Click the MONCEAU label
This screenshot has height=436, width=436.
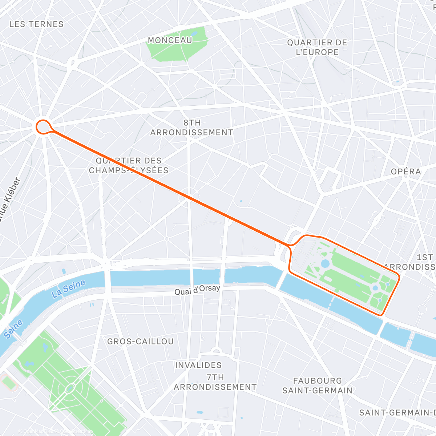170,40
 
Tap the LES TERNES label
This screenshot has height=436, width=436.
36,24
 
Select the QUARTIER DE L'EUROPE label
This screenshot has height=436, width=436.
317,47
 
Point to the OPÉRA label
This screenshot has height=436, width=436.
406,171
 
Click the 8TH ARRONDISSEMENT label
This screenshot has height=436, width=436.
192,128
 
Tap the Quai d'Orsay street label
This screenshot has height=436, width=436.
197,290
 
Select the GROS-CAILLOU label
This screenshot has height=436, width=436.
140,342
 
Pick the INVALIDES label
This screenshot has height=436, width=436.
198,365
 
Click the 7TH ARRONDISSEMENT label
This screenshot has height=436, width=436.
215,382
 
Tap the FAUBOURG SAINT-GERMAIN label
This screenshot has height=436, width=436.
317,385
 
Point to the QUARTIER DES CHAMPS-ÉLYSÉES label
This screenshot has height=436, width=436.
129,165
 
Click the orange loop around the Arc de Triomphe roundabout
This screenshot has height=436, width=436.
43,127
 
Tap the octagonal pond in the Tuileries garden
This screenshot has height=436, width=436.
325,263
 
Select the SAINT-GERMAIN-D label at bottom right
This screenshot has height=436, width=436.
397,413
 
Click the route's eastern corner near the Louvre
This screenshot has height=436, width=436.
399,277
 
